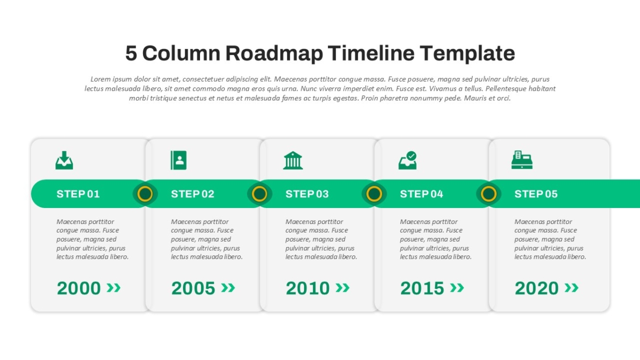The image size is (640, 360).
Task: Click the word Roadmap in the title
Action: coord(274,53)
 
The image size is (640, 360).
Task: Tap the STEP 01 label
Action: coord(78,194)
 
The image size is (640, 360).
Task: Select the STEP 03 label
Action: coord(307,194)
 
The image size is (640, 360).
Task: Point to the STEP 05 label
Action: coord(536,194)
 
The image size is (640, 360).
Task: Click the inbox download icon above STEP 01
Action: coord(65,161)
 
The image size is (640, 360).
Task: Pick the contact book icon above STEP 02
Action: coord(179,161)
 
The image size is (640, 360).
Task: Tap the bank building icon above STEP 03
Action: coord(293,161)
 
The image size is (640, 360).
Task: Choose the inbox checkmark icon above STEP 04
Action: coord(407,161)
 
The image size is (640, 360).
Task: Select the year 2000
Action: coord(79,288)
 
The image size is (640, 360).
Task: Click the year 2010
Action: coord(308,288)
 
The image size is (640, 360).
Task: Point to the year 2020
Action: coord(537,288)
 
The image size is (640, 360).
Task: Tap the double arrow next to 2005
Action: coord(228,287)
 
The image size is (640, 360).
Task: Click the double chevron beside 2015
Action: coord(457,287)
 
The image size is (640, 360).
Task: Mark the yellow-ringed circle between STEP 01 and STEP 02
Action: coord(145,194)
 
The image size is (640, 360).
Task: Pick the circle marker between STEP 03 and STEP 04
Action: coord(374,194)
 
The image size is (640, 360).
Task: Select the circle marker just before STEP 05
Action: coord(489,194)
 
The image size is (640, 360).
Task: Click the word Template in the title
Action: coord(467,53)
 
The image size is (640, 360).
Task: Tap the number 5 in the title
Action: coord(131,53)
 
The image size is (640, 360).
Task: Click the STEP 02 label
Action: coord(193,194)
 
